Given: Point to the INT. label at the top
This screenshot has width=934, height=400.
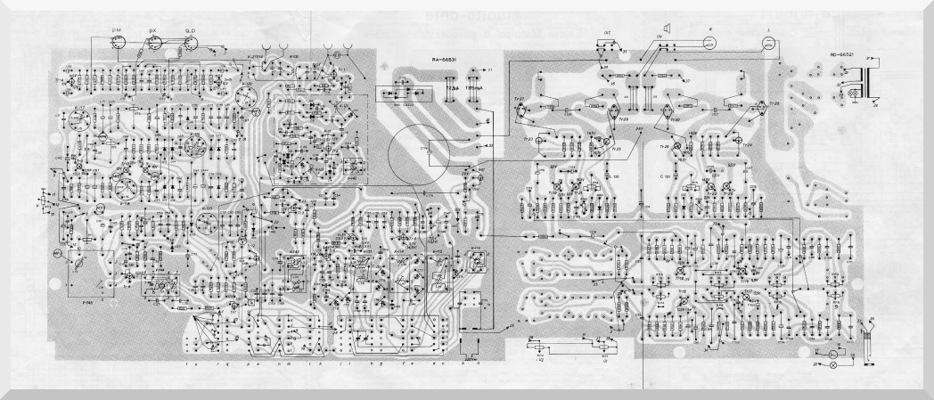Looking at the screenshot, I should [x=608, y=34].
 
